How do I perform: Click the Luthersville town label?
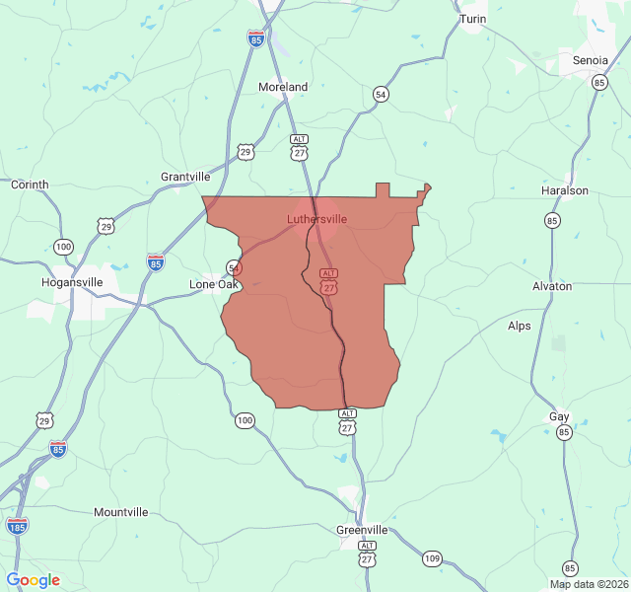316,218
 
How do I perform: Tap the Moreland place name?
283,87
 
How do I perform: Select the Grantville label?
185,177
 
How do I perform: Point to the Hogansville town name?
72,281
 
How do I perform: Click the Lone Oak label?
213,284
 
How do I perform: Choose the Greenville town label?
362,530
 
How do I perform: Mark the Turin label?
473,19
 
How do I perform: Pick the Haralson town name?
565,190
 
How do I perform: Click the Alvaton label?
552,286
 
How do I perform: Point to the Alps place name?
519,326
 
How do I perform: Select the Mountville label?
121,512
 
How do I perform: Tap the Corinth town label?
30,185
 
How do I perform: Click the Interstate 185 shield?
17,526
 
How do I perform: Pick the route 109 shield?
432,559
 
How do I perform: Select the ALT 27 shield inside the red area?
329,280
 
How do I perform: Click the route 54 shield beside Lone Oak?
234,267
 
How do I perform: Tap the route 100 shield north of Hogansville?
64,246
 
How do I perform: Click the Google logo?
33,580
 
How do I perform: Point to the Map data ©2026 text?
588,584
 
